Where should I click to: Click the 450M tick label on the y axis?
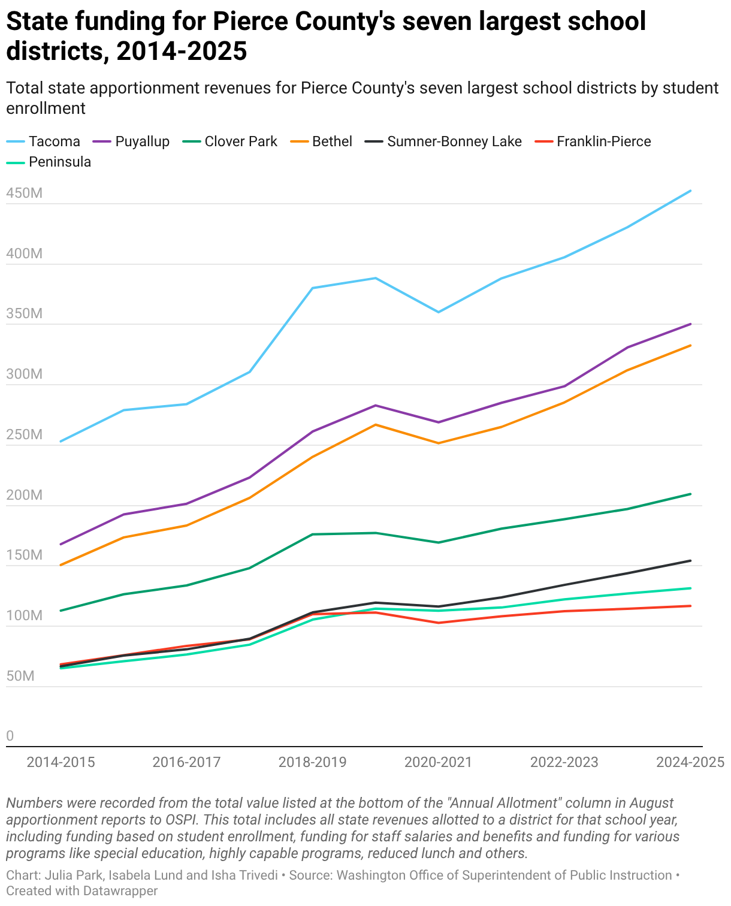pos(25,194)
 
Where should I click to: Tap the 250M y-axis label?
pos(25,435)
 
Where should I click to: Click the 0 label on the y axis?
pos(10,736)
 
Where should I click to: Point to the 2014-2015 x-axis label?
pos(61,762)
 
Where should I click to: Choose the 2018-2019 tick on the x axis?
pos(313,762)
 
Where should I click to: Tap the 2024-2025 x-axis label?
pos(690,762)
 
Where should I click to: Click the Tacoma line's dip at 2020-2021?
pos(439,312)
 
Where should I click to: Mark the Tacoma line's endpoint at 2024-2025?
pos(691,191)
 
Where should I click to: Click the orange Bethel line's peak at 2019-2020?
pos(376,425)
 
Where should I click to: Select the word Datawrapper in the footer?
pos(120,891)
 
